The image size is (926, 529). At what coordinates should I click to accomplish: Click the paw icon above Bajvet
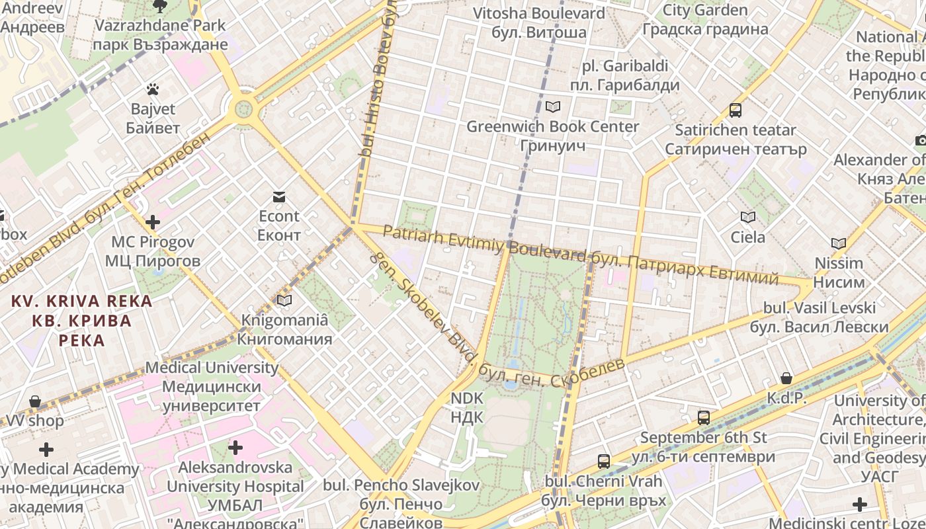pyautogui.click(x=153, y=88)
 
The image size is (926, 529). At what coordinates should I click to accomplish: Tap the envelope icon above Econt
pyautogui.click(x=278, y=196)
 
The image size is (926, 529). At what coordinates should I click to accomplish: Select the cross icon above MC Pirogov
pyautogui.click(x=153, y=222)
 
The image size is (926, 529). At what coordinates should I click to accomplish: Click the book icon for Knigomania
pyautogui.click(x=284, y=300)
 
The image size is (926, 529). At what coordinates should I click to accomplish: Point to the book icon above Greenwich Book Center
pyautogui.click(x=553, y=106)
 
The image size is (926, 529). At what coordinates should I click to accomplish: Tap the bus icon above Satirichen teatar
pyautogui.click(x=736, y=110)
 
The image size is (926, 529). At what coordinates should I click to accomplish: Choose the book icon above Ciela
pyautogui.click(x=748, y=217)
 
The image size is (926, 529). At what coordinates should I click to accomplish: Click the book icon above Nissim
pyautogui.click(x=839, y=243)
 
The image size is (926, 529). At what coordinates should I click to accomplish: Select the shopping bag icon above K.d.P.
pyautogui.click(x=786, y=378)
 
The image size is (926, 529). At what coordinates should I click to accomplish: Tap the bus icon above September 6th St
pyautogui.click(x=704, y=418)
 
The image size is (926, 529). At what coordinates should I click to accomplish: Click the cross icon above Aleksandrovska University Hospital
pyautogui.click(x=235, y=448)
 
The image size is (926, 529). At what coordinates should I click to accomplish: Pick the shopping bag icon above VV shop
pyautogui.click(x=35, y=401)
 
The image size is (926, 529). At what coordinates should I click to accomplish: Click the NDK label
pyautogui.click(x=467, y=408)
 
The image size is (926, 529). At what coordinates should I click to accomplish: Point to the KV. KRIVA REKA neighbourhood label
pyautogui.click(x=82, y=321)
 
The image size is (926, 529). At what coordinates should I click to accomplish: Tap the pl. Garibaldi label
pyautogui.click(x=625, y=75)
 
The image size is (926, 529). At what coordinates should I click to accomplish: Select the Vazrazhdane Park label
pyautogui.click(x=161, y=35)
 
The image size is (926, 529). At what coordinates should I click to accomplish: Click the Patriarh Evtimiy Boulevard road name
pyautogui.click(x=484, y=243)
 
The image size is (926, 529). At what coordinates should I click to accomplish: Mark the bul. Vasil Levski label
pyautogui.click(x=820, y=317)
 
